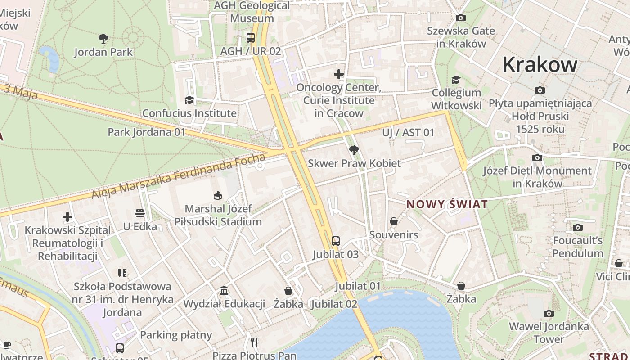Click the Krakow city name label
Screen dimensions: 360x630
540,64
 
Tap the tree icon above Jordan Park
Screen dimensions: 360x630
103,39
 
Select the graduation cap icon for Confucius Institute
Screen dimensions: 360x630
189,100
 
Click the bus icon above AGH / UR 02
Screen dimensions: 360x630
251,38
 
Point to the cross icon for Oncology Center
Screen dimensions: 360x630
339,74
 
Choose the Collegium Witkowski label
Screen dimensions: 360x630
456,99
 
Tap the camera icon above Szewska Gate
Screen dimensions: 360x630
461,18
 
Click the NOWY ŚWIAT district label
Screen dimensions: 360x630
447,204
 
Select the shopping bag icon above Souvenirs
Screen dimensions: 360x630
394,221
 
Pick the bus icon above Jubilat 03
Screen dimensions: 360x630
336,241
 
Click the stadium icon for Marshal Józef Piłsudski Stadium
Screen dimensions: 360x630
218,195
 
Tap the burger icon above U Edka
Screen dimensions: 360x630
140,213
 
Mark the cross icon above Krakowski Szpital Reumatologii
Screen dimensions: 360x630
67,217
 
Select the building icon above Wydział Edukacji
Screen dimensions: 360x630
224,291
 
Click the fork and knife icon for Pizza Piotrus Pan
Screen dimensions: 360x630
255,342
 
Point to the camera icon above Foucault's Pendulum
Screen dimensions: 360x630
578,228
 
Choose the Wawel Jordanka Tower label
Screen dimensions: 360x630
549,333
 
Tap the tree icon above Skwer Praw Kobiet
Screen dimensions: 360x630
354,150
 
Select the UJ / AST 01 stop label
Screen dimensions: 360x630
408,132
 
